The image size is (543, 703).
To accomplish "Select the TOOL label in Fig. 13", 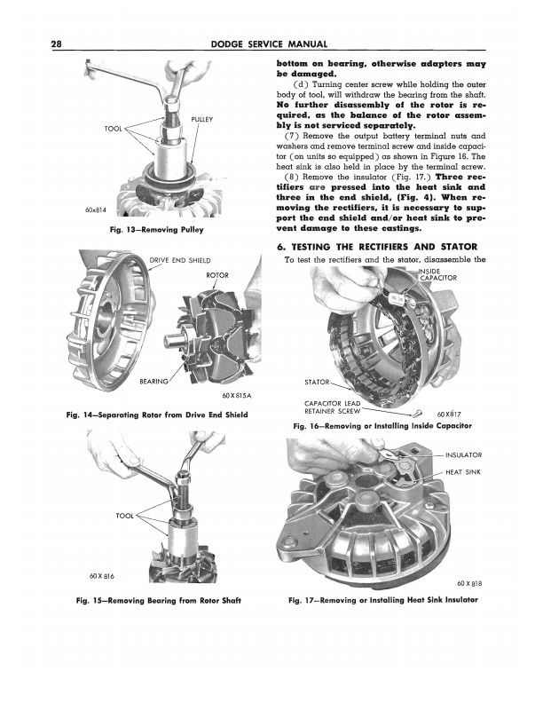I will (113, 130).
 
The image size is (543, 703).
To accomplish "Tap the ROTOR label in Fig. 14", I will (217, 275).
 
